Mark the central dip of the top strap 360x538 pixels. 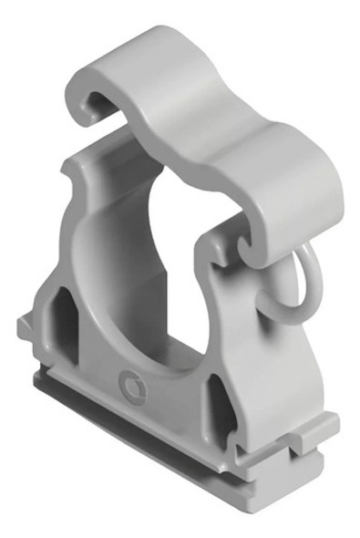pyautogui.click(x=182, y=119)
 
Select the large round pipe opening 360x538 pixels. pyautogui.click(x=159, y=274)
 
